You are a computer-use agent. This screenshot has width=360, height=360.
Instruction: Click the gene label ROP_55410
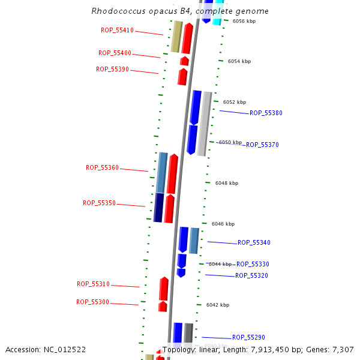(x=117, y=30)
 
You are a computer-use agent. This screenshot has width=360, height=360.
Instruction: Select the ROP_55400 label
(x=115, y=53)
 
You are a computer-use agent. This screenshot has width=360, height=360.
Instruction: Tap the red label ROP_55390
(x=112, y=69)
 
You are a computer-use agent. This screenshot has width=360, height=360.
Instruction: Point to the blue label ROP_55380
(x=266, y=113)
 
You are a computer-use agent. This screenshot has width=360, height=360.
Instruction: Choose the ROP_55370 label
(x=262, y=145)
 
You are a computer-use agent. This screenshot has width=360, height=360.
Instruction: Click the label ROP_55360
(x=102, y=167)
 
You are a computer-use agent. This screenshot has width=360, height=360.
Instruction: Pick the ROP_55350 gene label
(x=99, y=203)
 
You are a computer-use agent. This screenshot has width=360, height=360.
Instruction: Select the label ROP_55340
(x=254, y=242)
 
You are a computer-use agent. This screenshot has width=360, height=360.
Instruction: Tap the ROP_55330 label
(x=253, y=264)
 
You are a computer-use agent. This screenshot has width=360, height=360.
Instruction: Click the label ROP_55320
(x=251, y=275)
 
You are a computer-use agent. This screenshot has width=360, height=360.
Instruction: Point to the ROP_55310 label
(x=93, y=284)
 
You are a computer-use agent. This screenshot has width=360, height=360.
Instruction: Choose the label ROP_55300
(x=92, y=302)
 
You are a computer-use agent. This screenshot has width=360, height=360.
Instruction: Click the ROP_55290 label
(x=248, y=337)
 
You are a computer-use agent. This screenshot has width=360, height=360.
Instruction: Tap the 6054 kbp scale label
(x=239, y=61)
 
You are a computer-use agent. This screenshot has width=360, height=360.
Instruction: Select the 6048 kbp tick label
(x=227, y=183)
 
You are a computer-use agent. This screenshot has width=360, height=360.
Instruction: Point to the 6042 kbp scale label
(x=218, y=305)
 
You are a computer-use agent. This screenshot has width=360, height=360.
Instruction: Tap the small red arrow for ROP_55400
(x=184, y=61)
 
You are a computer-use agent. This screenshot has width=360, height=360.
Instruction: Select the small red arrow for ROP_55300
(x=163, y=307)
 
